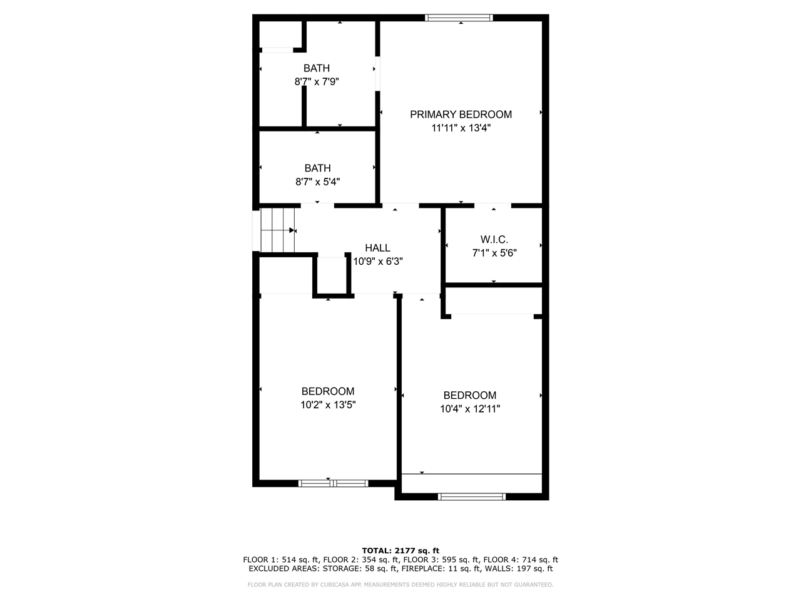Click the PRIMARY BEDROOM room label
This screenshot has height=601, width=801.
(x=461, y=115)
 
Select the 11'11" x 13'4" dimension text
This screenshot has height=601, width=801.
(x=461, y=128)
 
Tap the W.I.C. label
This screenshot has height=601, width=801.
(x=494, y=240)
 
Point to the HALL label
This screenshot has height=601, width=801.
(x=377, y=248)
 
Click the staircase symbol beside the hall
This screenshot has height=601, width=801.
(x=277, y=230)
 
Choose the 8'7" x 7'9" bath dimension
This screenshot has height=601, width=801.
(x=317, y=81)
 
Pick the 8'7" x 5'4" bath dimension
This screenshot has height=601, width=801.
(x=317, y=182)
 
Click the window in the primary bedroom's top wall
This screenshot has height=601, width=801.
(x=459, y=18)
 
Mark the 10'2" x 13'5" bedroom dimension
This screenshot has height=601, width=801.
(x=328, y=405)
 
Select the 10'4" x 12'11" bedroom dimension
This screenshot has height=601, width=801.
(x=469, y=409)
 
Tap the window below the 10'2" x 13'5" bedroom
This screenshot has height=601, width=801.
(x=333, y=483)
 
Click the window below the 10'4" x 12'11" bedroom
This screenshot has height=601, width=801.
(x=471, y=496)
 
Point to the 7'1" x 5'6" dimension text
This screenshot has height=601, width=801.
(x=494, y=253)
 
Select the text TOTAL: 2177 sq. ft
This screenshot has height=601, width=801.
(x=400, y=550)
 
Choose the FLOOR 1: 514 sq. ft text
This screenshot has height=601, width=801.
(x=281, y=560)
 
